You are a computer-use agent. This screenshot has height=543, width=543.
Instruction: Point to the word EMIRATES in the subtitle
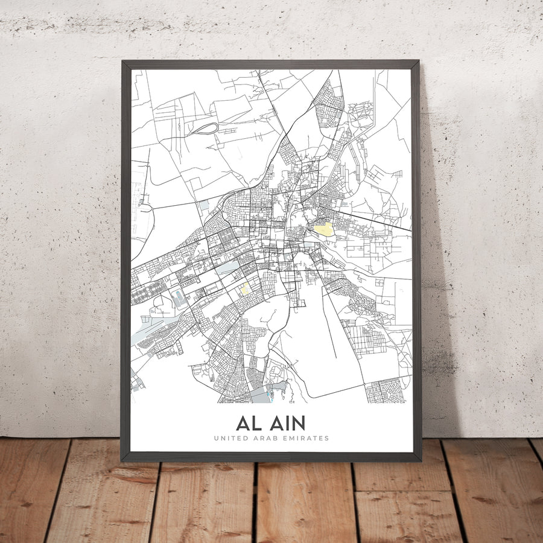(x=306, y=438)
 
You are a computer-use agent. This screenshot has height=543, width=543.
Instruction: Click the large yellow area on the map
(x=323, y=229)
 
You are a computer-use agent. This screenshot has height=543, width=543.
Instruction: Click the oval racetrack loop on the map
(x=206, y=129)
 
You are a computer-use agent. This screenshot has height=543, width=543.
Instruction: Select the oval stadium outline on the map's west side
(x=178, y=297)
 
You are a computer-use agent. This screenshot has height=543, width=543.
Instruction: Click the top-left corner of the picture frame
(x=122, y=62)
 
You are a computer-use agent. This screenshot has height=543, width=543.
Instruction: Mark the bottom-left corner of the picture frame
(x=122, y=460)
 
